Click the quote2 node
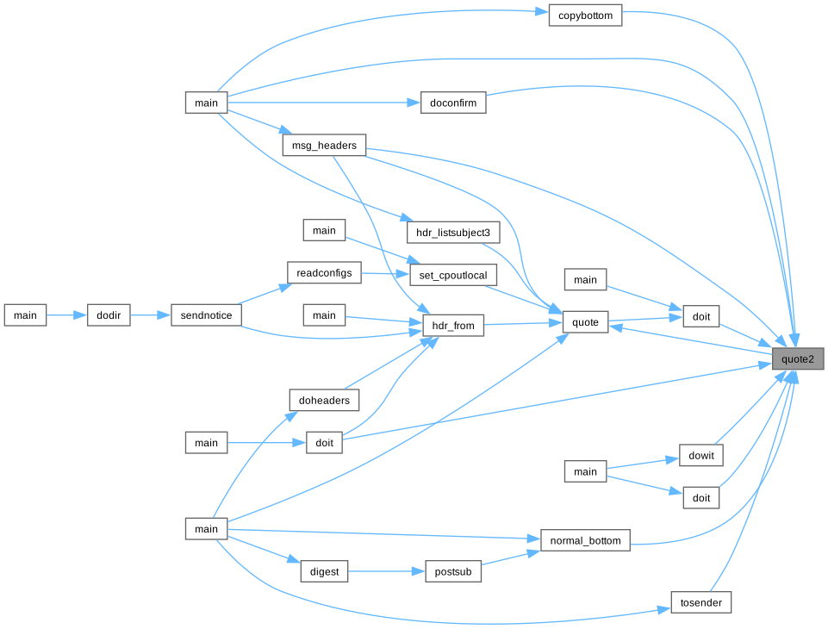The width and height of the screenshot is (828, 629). (x=797, y=358)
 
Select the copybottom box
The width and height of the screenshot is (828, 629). (x=585, y=16)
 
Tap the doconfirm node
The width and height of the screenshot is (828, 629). (x=453, y=103)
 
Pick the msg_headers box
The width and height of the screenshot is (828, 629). (x=324, y=146)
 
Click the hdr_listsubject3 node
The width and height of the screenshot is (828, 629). (x=452, y=233)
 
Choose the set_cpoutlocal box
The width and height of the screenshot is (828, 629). (x=453, y=276)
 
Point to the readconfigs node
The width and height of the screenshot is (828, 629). (x=324, y=272)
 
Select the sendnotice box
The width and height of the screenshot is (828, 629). (x=207, y=315)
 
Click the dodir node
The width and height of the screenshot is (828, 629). (x=109, y=315)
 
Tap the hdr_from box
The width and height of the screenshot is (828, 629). (x=453, y=326)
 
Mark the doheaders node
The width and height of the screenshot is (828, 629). (x=324, y=400)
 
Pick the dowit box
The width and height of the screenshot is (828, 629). (x=701, y=455)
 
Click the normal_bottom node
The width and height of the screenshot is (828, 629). (x=585, y=541)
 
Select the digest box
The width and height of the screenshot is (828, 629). (x=324, y=570)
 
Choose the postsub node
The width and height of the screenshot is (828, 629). (x=453, y=570)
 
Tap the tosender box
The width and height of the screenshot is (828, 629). (x=701, y=601)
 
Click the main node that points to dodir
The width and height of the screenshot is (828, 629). (x=26, y=315)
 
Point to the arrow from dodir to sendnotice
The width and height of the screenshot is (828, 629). (x=151, y=315)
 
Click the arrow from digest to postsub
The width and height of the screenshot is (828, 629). (x=386, y=570)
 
